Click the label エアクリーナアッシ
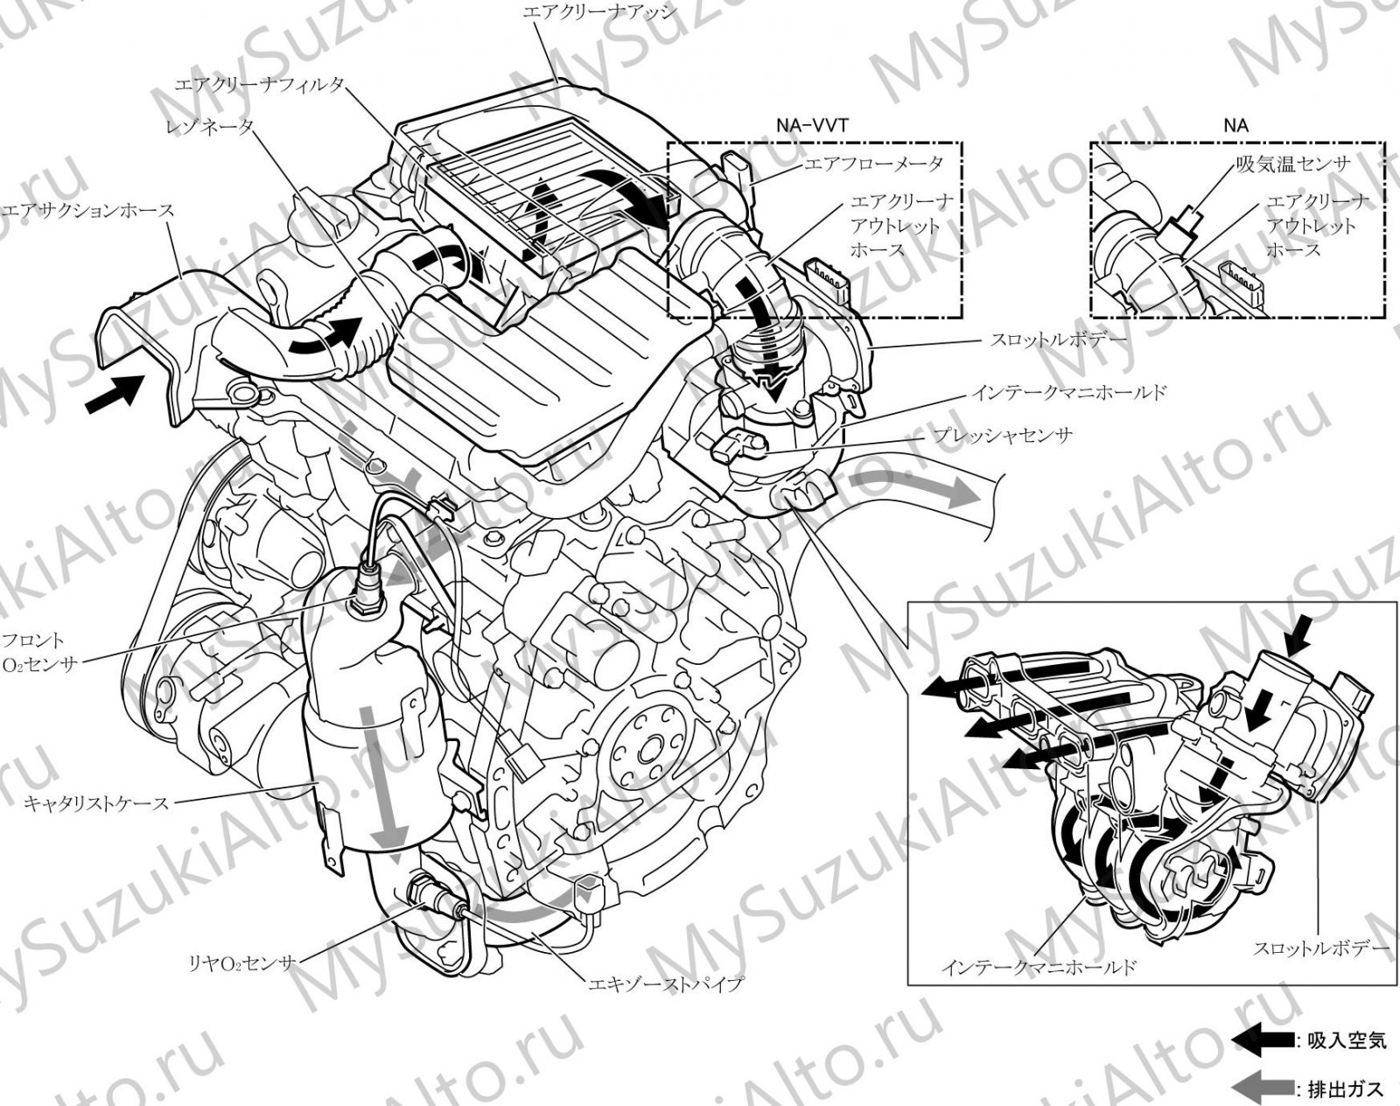pos(599,12)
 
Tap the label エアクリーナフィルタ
pos(260,85)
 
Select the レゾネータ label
pos(209,128)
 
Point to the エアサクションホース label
pos(88,211)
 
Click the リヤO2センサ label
pos(241,962)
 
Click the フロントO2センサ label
pos(39,652)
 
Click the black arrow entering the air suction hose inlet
pos(115,393)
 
